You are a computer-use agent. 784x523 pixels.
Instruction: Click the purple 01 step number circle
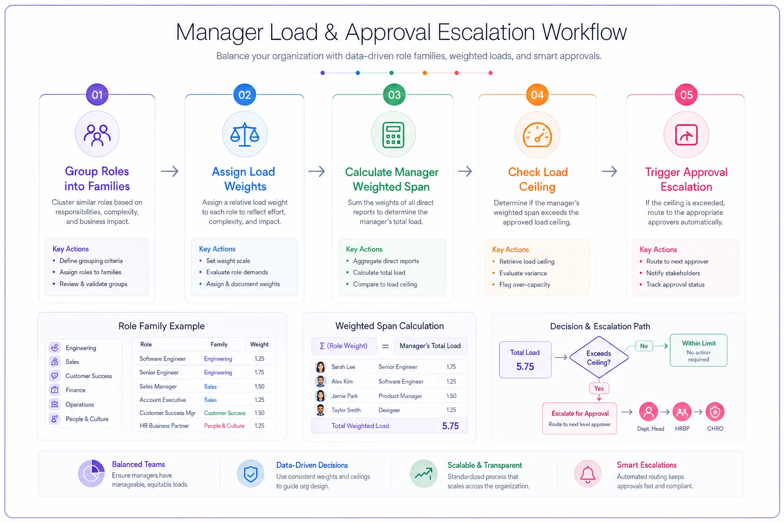(97, 94)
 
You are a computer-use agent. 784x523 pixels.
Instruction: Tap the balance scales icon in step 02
(244, 134)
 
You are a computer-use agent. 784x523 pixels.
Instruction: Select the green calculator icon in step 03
(394, 135)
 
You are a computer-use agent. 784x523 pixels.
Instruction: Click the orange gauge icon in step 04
(537, 135)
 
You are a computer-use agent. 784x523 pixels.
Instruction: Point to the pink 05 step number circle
(686, 94)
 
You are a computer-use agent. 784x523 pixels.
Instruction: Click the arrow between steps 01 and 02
(170, 171)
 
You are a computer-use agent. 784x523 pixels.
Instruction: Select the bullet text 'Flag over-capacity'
(525, 284)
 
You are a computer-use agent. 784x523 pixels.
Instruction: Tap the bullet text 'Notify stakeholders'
(673, 273)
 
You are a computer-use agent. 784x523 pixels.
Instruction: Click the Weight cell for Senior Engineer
(259, 372)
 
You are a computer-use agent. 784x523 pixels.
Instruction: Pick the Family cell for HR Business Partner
(225, 426)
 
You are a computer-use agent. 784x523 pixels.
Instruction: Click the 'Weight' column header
(259, 344)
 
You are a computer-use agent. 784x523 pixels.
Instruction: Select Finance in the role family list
(75, 390)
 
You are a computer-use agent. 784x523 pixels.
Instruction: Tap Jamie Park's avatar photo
(320, 395)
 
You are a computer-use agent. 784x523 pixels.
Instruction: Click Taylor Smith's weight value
(451, 410)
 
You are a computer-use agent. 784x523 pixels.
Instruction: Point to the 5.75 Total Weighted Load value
(451, 426)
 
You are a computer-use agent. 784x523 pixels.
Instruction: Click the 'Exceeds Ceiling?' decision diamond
(599, 358)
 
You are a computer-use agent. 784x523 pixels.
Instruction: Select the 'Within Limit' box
(698, 350)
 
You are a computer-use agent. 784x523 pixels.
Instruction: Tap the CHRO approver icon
(715, 412)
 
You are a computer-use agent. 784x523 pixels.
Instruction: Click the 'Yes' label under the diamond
(599, 389)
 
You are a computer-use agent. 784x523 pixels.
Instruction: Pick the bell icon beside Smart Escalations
(587, 473)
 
